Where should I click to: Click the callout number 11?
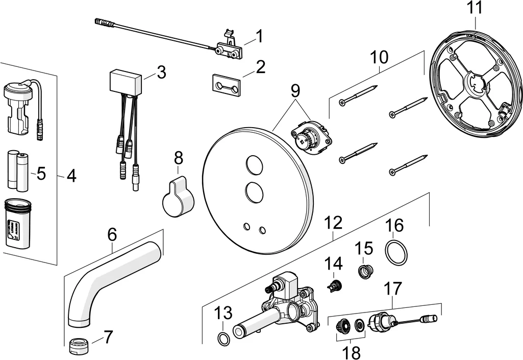[474, 8]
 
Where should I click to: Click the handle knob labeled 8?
[178, 197]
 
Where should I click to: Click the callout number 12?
[333, 223]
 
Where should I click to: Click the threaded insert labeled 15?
[365, 272]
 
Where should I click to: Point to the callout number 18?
[352, 351]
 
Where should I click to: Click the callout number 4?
[71, 176]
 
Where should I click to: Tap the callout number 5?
[41, 174]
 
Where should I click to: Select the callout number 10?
[379, 58]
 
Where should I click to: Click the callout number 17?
[392, 289]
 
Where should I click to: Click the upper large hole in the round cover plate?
[254, 165]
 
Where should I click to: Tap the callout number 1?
[259, 36]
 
